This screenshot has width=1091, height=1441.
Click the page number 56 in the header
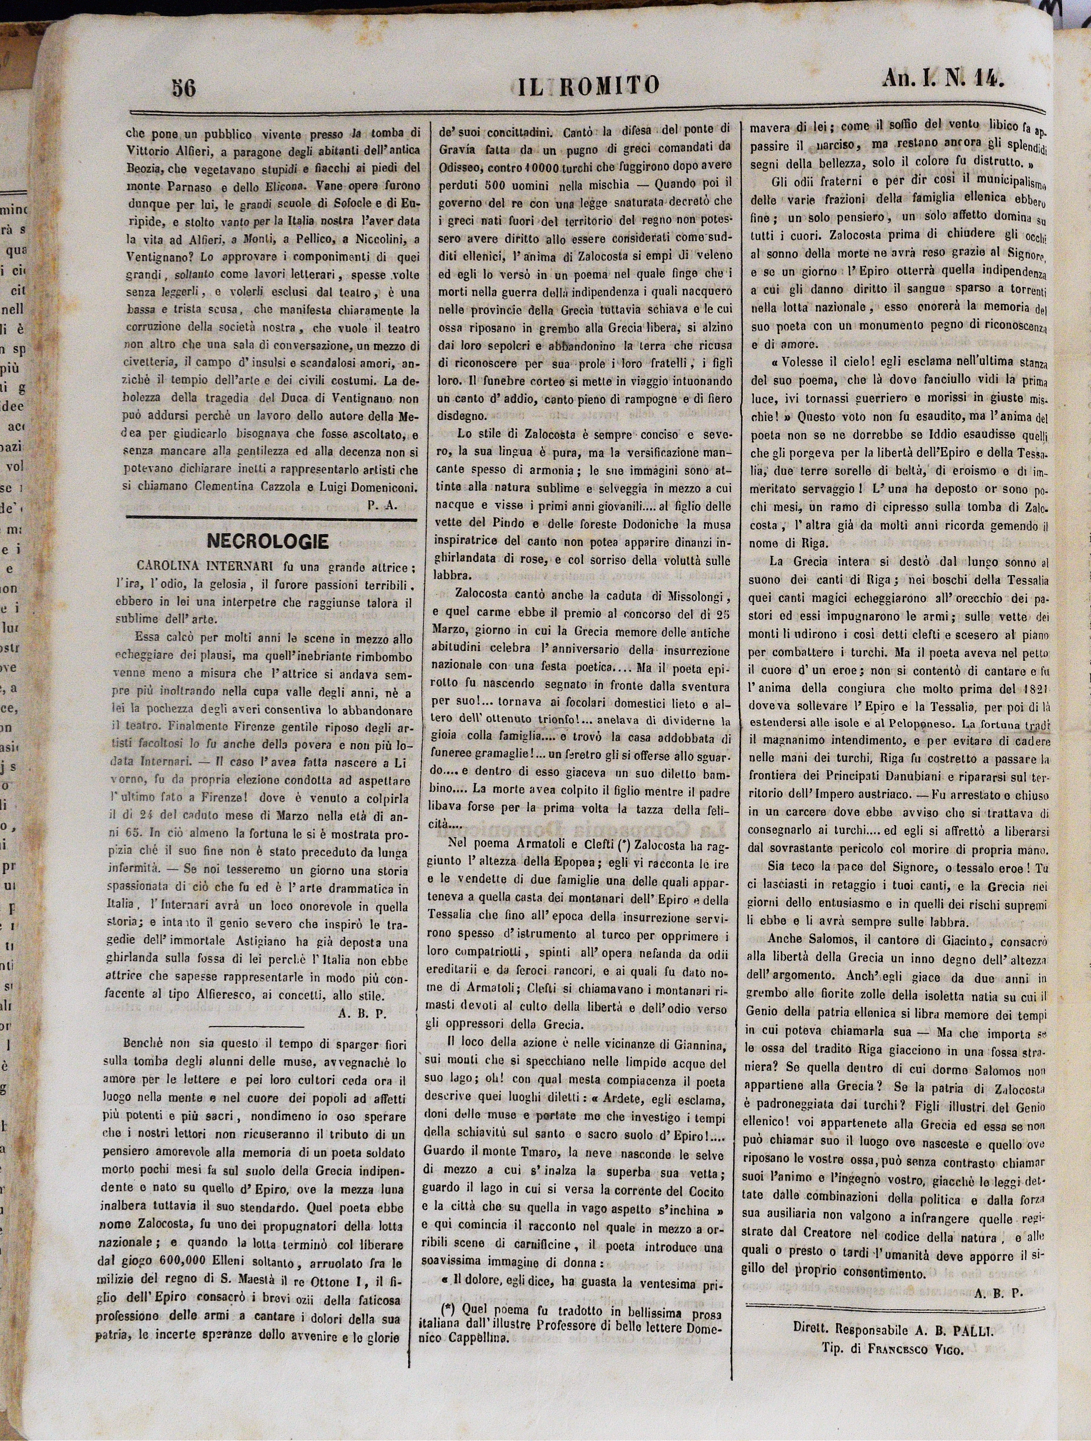tap(184, 87)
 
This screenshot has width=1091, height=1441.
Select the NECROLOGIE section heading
tap(267, 541)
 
